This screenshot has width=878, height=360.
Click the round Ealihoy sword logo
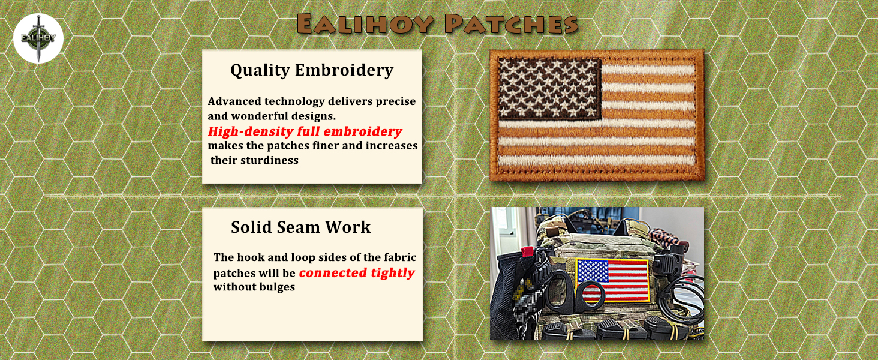(38, 38)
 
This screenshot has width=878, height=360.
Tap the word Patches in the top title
(511, 24)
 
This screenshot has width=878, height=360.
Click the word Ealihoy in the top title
(365, 24)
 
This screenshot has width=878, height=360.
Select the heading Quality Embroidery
(312, 71)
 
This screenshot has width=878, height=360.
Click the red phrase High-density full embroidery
(305, 131)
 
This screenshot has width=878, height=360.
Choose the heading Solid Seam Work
(300, 227)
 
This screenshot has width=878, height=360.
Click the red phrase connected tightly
(357, 273)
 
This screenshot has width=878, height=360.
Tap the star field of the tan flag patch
(549, 89)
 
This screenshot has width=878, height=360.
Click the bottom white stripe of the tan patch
(597, 160)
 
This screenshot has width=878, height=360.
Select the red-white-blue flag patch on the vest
(613, 280)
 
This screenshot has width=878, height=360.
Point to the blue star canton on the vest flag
(593, 270)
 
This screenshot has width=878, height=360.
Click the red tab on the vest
(526, 251)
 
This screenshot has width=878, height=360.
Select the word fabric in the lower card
(400, 257)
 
